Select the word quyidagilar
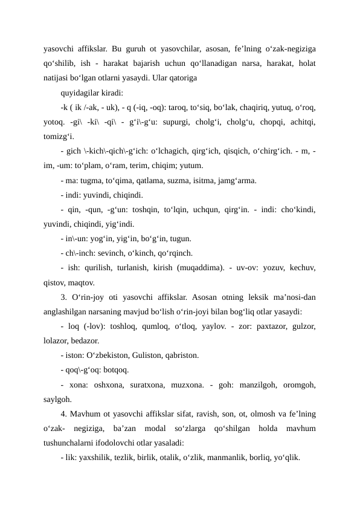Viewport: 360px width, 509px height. [x=81, y=94]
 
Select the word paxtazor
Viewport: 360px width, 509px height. [x=257, y=326]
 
